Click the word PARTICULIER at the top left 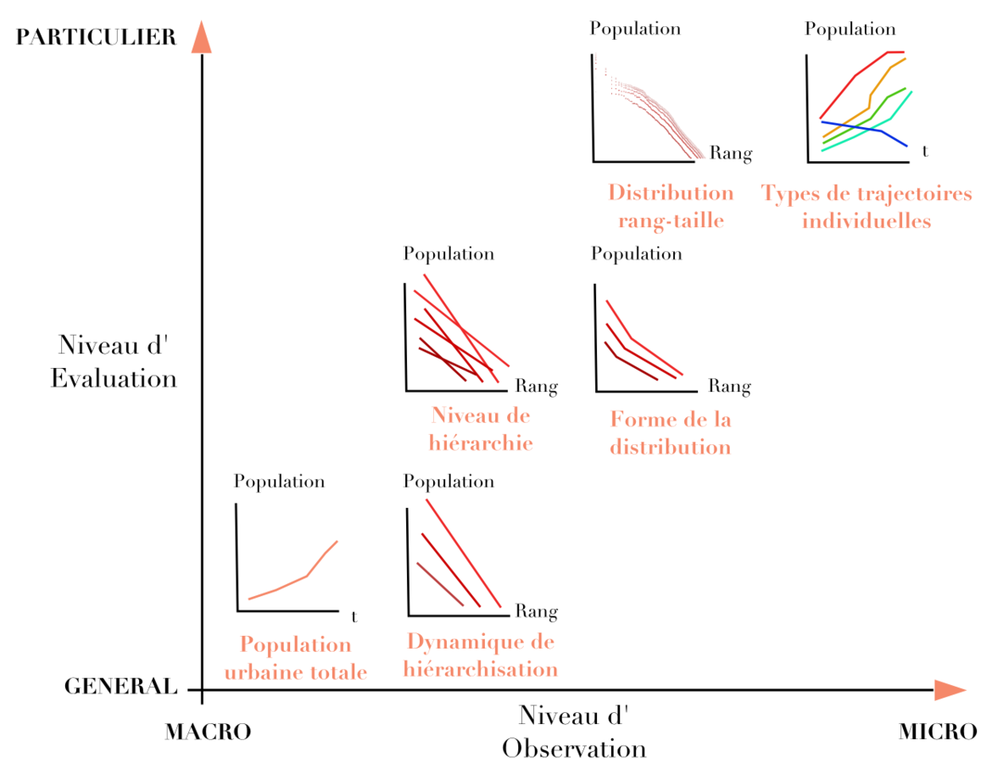(x=96, y=36)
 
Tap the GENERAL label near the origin (x=121, y=687)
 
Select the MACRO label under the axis (x=208, y=732)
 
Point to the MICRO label (x=938, y=732)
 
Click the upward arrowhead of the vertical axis (x=201, y=37)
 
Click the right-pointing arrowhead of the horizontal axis (x=949, y=690)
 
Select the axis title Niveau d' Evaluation (x=114, y=361)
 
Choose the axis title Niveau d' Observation (x=574, y=732)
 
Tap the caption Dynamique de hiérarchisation (x=481, y=655)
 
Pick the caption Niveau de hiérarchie (x=481, y=429)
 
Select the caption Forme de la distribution (x=670, y=432)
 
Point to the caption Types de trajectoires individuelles (x=867, y=207)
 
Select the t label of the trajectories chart (x=925, y=153)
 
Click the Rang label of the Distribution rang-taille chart (x=730, y=153)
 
